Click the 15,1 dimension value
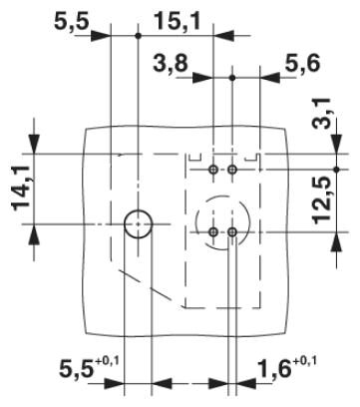(178, 22)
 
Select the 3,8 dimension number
(171, 63)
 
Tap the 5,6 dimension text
(302, 63)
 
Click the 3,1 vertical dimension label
(321, 113)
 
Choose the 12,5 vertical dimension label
(321, 201)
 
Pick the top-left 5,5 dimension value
(72, 22)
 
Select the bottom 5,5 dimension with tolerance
(89, 367)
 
